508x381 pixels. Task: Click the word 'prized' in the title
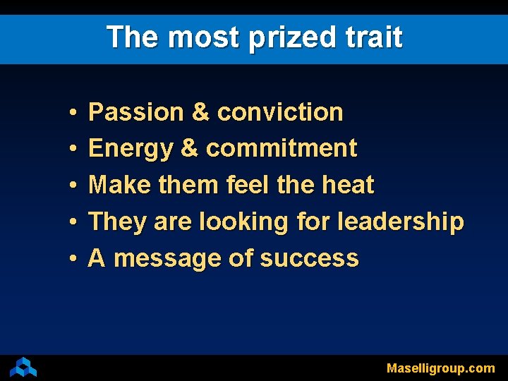[x=291, y=38]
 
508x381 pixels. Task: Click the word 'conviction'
[x=280, y=112]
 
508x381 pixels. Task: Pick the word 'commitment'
[x=282, y=149]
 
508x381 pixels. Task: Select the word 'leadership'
[x=401, y=222]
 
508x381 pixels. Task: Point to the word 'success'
[x=309, y=259]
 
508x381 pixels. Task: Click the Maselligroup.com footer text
[x=440, y=368]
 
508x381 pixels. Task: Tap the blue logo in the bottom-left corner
[x=23, y=367]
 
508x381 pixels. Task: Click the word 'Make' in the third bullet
[x=113, y=186]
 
